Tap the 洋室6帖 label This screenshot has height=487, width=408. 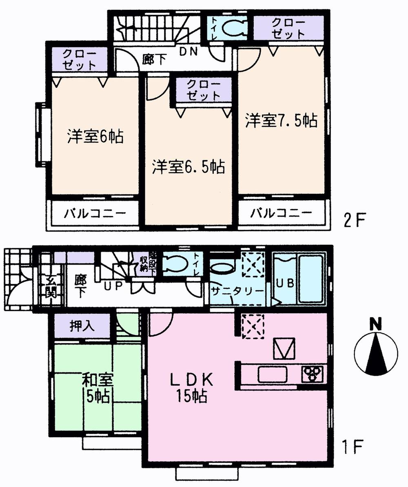95,136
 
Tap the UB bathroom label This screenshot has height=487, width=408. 285,283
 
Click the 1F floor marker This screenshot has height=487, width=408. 353,447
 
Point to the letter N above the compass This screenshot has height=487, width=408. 375,325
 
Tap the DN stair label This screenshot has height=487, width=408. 189,52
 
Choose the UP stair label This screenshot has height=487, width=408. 113,286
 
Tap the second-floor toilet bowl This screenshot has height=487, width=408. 234,28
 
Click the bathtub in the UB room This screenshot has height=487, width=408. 310,280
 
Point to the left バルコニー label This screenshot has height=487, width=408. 95,213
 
